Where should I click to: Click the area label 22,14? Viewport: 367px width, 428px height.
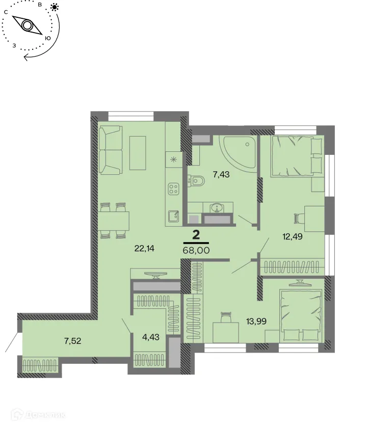(144, 249)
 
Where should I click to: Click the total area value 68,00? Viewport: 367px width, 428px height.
(196, 251)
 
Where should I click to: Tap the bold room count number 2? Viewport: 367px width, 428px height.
(195, 234)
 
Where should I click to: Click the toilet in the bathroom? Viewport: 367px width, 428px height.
(196, 179)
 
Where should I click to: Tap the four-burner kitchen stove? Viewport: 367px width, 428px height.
(174, 190)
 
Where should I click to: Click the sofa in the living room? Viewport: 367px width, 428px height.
(111, 150)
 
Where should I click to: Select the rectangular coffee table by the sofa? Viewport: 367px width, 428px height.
(139, 152)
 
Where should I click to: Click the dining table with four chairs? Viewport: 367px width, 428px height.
(113, 221)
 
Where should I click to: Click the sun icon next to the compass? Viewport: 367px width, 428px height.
(55, 7)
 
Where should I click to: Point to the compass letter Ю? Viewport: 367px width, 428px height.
(47, 38)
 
